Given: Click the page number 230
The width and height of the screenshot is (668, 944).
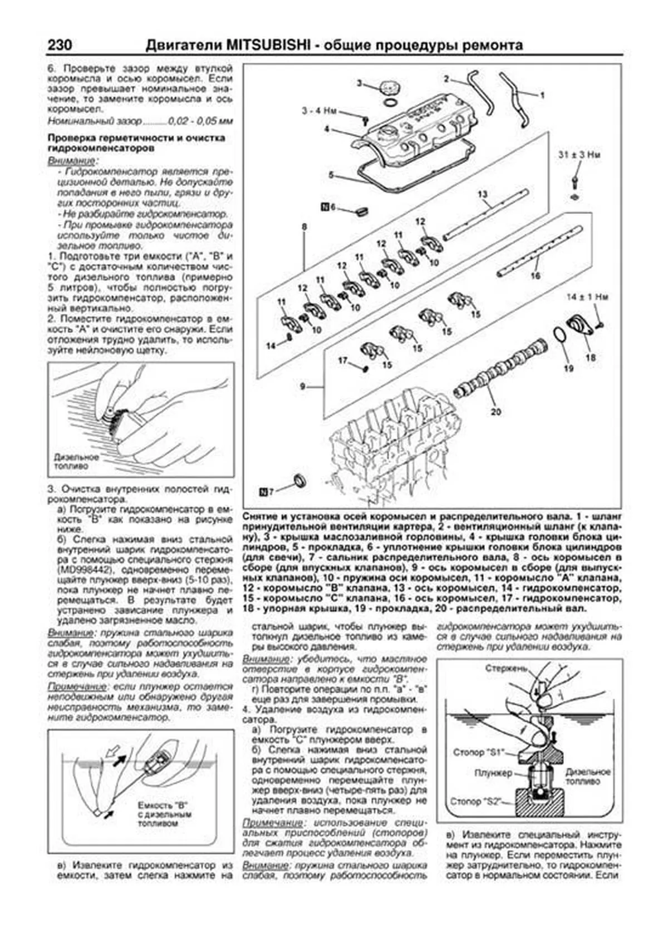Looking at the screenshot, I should [x=61, y=45].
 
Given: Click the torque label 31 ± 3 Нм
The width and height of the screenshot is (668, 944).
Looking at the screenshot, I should [x=579, y=155].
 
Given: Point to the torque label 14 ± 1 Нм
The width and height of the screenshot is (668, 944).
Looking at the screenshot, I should [x=588, y=297].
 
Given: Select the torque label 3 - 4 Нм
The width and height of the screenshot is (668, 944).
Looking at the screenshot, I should [x=320, y=111].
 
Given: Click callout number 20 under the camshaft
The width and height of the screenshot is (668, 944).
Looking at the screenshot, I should [x=495, y=412].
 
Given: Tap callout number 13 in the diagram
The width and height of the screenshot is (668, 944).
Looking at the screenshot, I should [x=482, y=194].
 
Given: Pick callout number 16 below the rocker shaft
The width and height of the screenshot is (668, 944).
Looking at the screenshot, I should [x=536, y=275].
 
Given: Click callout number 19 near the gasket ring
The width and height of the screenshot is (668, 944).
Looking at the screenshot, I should [x=568, y=368].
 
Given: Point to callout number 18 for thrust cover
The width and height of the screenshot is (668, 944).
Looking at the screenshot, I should [x=590, y=357].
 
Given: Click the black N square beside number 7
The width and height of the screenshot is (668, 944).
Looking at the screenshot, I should [x=264, y=491].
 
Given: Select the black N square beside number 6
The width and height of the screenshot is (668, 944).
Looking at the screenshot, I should [x=325, y=207].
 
